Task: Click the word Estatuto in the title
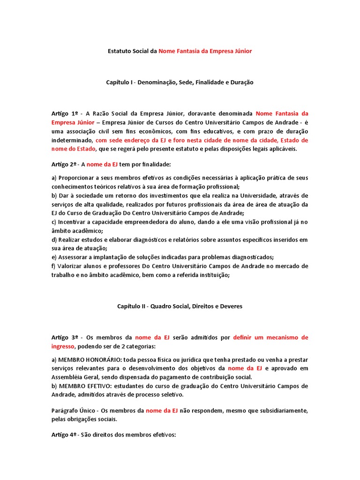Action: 120,51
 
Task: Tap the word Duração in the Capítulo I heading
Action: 242,82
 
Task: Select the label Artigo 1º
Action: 65,113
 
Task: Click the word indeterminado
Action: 71,140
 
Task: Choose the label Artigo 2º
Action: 65,164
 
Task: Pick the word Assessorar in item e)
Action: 74,257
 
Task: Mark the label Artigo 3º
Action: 65,337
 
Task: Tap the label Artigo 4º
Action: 65,435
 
